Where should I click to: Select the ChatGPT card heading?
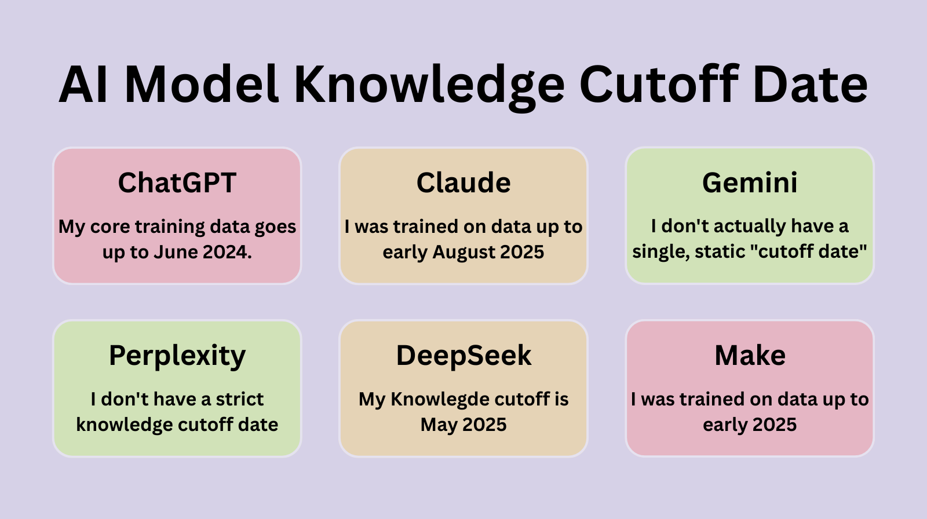click(177, 183)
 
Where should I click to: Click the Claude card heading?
click(463, 183)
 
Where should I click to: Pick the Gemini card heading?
click(750, 183)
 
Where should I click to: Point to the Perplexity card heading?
click(177, 356)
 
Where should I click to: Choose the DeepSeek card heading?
click(463, 356)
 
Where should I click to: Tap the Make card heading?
click(750, 356)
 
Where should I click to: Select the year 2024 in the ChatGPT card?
click(227, 253)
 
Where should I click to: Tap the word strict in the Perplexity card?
click(239, 399)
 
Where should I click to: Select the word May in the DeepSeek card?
click(439, 425)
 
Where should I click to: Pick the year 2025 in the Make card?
click(774, 425)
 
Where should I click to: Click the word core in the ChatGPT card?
click(110, 226)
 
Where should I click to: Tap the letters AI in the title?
click(81, 85)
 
